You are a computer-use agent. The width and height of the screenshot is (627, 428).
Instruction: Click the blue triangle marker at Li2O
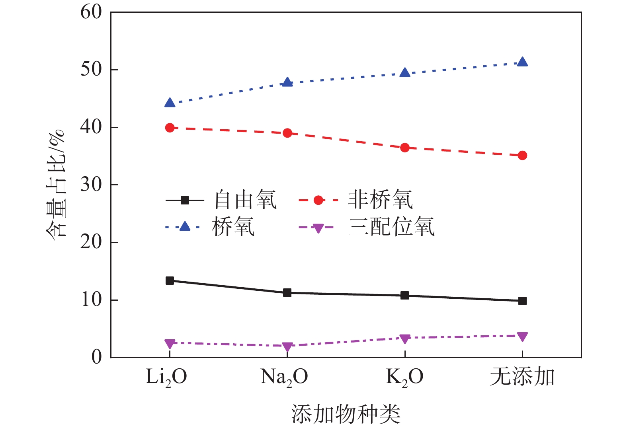tap(170, 103)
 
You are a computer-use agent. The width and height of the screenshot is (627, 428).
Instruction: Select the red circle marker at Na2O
tap(287, 133)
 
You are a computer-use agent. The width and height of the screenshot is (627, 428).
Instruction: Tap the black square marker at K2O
tap(405, 295)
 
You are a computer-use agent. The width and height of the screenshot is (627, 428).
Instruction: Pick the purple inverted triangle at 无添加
tap(522, 337)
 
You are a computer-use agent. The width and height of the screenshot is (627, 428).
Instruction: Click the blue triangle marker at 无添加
tap(522, 62)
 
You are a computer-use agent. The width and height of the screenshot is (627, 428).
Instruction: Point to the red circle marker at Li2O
tap(170, 128)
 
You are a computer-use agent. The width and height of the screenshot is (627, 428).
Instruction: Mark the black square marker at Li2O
tap(170, 280)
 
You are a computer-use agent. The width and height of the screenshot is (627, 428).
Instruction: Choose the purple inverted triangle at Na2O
tap(287, 346)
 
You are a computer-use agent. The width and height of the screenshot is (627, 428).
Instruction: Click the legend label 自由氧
tap(245, 200)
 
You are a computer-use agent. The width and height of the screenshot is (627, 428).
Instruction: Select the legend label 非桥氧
tap(380, 200)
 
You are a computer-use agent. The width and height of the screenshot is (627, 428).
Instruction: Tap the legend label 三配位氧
tap(391, 227)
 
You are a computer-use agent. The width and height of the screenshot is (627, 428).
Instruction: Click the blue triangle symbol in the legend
tap(185, 227)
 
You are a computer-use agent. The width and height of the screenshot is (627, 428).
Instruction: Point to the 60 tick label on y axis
tap(91, 12)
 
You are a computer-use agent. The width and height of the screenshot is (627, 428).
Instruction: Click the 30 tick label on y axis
tap(91, 185)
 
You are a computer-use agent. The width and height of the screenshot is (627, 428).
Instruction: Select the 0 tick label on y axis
tap(97, 357)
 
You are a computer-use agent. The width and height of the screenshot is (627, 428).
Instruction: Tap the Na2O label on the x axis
tap(284, 377)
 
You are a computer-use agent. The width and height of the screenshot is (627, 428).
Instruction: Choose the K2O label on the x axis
tap(404, 377)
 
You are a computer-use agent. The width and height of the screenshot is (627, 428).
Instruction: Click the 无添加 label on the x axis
tap(522, 377)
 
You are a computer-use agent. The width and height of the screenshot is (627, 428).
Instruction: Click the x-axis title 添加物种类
tap(346, 414)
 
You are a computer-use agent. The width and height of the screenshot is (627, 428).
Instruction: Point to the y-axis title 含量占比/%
tap(55, 183)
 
